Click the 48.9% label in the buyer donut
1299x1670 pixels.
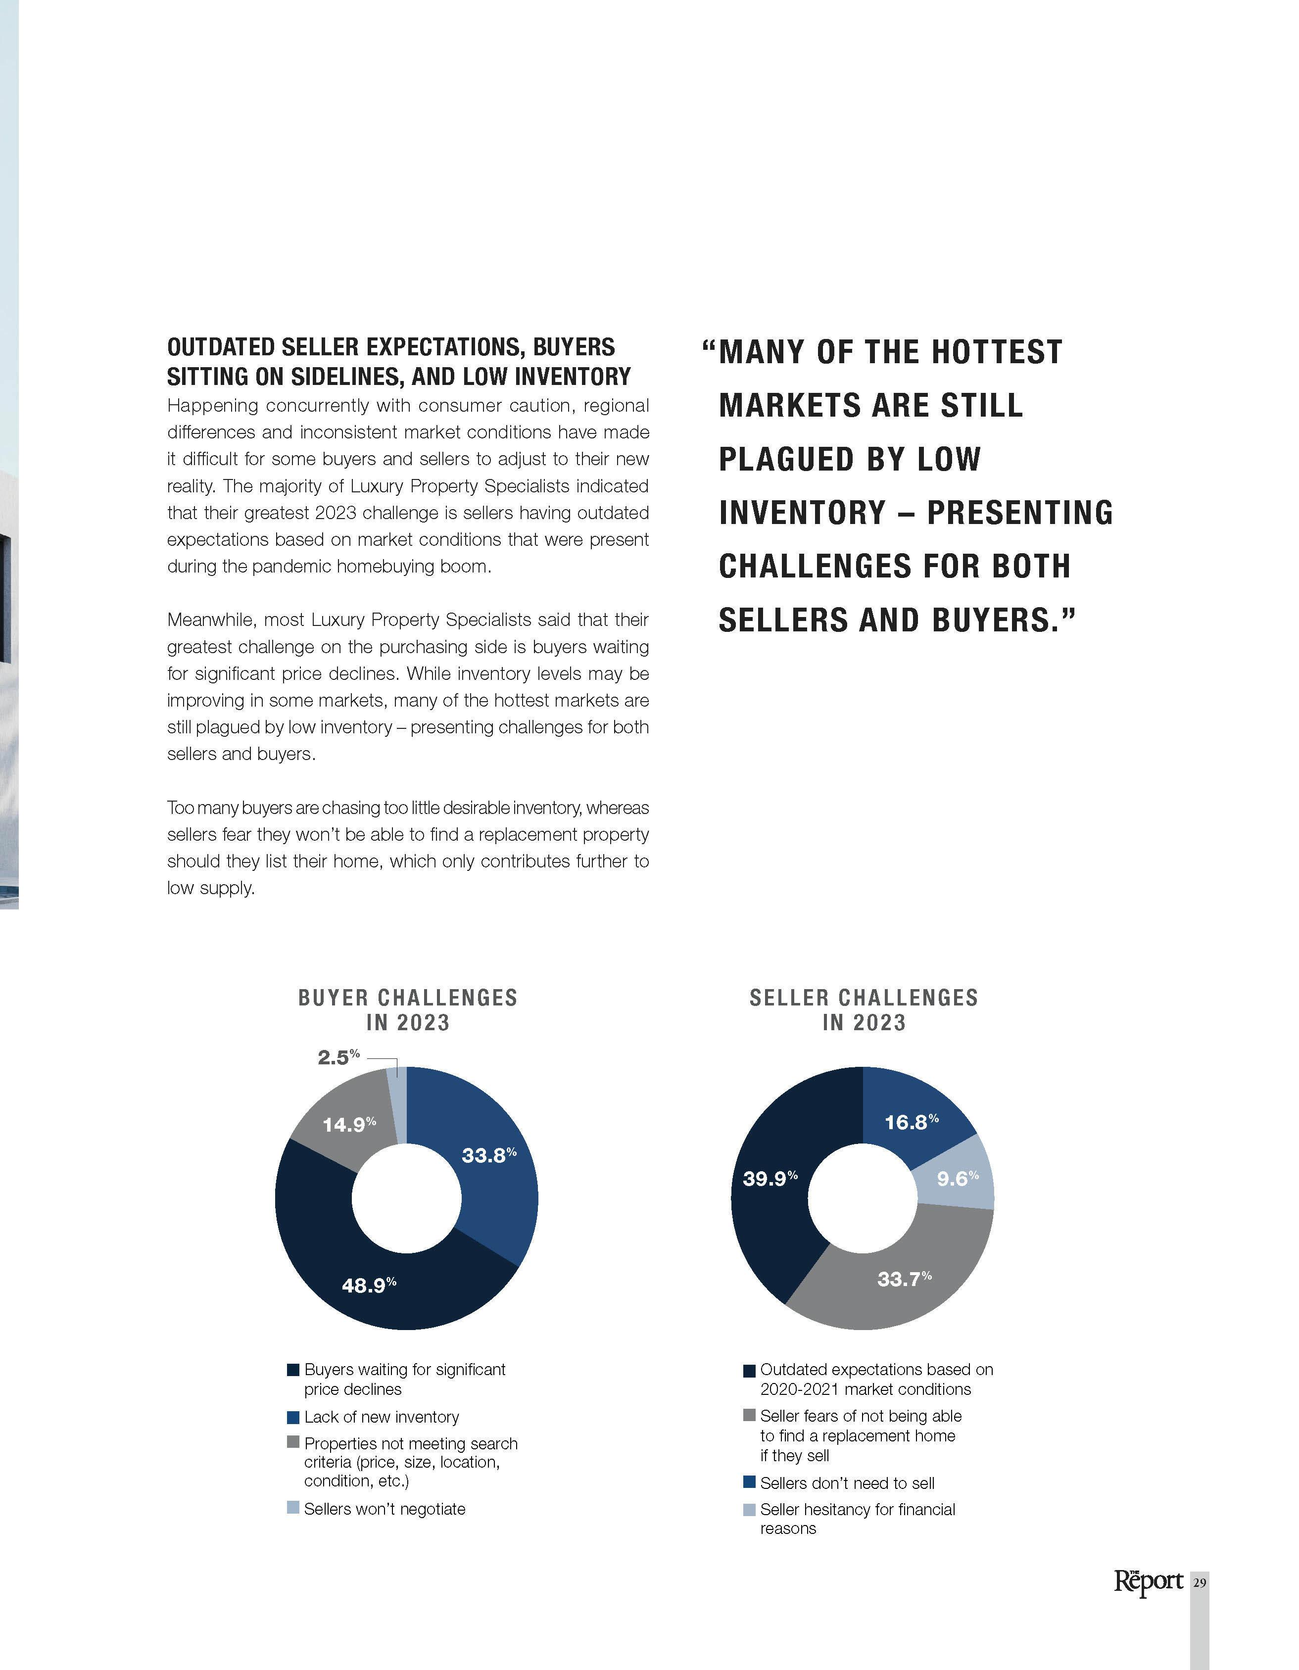(x=369, y=1286)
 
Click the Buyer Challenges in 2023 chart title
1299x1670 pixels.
(x=407, y=1009)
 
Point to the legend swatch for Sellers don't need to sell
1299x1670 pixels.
(x=749, y=1482)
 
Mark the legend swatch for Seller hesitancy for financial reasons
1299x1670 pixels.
(x=749, y=1509)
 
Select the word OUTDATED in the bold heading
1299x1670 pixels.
(x=221, y=347)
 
